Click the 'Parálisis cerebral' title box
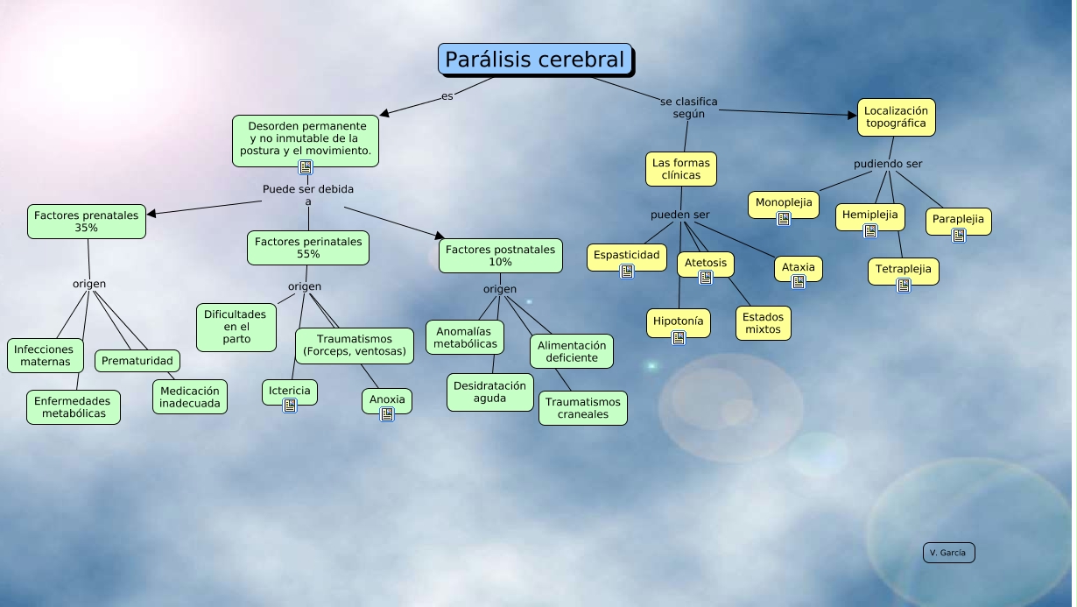[535, 60]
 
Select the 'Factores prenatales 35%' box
[87, 221]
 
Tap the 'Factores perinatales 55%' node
[308, 247]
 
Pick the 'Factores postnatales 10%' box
[500, 255]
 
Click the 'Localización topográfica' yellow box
[896, 117]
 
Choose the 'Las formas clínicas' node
[680, 168]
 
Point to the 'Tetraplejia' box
[904, 268]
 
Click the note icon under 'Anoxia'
[387, 414]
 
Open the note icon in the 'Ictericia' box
[290, 405]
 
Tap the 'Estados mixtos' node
[763, 322]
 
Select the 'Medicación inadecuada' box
[190, 396]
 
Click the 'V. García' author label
[948, 553]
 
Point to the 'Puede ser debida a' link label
[308, 194]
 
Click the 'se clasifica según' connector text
[689, 107]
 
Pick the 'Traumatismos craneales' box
[582, 407]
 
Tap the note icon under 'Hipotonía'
[679, 337]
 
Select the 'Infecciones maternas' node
[46, 355]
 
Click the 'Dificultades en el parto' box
[236, 326]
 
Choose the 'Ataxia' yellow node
[798, 267]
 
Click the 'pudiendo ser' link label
[888, 164]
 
